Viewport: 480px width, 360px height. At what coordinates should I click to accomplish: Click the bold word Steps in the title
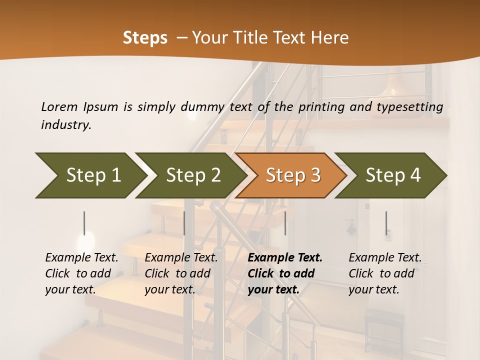(x=145, y=38)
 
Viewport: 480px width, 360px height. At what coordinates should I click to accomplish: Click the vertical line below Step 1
(x=84, y=223)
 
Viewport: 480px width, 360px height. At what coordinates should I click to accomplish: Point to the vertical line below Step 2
(x=184, y=223)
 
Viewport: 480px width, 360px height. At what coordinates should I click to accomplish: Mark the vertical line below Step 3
(x=285, y=223)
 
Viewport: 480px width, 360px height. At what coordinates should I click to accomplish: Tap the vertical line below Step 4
(x=386, y=223)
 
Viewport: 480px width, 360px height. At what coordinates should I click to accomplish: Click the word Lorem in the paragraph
(x=59, y=106)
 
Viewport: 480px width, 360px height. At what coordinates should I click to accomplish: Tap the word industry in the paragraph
(x=65, y=124)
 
